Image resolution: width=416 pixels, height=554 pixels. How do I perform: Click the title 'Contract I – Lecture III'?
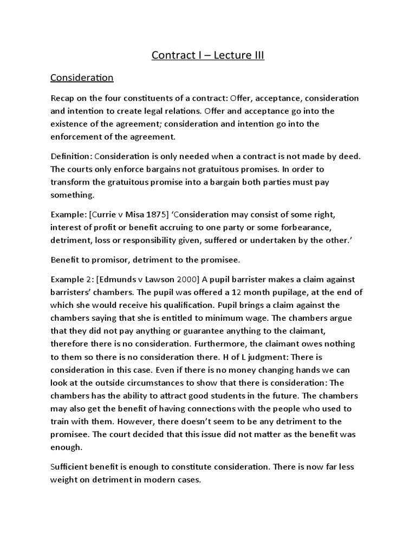pos(208,55)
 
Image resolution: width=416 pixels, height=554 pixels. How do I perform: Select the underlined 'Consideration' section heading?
pos(82,78)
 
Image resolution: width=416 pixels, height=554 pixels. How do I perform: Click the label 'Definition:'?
pos(71,156)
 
